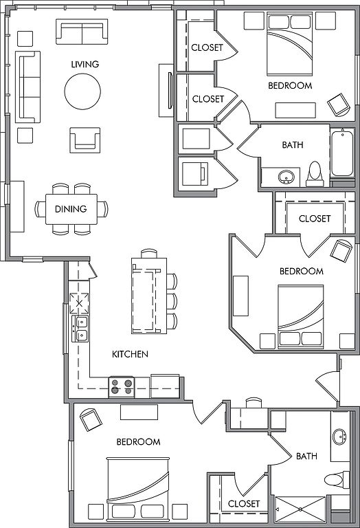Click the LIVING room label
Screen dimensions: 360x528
pos(85,64)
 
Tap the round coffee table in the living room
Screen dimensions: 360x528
pos(82,91)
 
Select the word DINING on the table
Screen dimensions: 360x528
pos(71,209)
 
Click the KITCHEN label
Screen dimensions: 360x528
pos(130,354)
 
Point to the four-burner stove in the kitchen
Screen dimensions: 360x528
pos(122,387)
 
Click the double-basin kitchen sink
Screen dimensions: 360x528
pos(80,329)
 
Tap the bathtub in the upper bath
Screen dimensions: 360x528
pos(342,153)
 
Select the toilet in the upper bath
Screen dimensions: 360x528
pos(315,174)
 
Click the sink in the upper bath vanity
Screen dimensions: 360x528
pos(286,177)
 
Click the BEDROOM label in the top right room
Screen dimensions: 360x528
pos(290,85)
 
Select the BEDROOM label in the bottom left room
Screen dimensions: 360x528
pos(138,441)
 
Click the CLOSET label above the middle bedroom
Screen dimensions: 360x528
pos(315,219)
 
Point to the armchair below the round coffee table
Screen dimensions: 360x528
pos(85,140)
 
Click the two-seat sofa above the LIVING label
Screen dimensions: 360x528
pos(82,32)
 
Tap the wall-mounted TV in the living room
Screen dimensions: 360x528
pos(170,90)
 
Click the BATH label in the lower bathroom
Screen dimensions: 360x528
pos(306,456)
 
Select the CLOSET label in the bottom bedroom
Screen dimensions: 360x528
pos(244,504)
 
